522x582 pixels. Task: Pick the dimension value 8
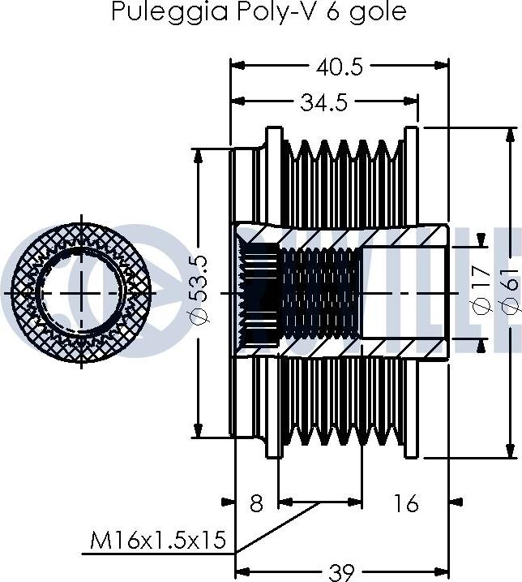(256, 503)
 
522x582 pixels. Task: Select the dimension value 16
(407, 503)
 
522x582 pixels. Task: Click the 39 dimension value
(343, 571)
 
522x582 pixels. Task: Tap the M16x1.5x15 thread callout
(158, 540)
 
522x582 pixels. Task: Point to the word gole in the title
(378, 12)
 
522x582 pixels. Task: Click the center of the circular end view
(79, 291)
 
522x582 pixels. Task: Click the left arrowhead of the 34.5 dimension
(237, 102)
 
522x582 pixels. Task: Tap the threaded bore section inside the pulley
(320, 291)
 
